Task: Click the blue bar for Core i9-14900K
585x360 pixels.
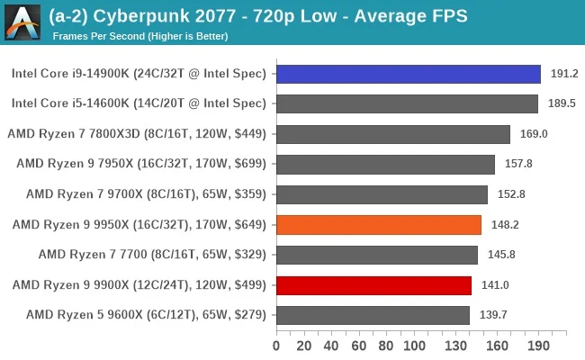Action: click(x=408, y=74)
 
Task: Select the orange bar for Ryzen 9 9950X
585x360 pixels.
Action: click(x=378, y=225)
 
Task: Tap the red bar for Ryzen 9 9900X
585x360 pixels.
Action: click(x=373, y=285)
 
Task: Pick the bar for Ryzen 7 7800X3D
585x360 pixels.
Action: click(x=392, y=134)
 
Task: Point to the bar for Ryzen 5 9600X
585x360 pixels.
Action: click(x=373, y=315)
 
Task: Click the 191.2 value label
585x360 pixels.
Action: click(x=564, y=74)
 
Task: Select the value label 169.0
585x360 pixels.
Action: click(x=534, y=134)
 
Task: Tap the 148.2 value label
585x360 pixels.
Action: click(x=505, y=225)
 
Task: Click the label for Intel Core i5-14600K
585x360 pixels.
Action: click(x=139, y=103)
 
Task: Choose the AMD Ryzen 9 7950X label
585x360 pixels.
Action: click(x=141, y=164)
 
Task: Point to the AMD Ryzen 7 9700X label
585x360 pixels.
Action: click(x=146, y=194)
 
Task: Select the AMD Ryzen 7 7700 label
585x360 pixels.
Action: click(x=152, y=255)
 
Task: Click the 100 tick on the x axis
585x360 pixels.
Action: click(x=414, y=345)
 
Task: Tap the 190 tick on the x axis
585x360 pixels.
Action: click(x=538, y=345)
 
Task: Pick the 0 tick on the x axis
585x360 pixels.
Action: click(x=276, y=345)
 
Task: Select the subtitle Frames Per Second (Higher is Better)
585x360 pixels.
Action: click(x=140, y=36)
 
